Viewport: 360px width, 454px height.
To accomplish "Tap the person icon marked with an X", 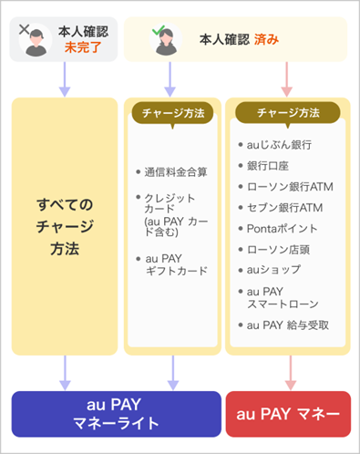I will [x=36, y=39].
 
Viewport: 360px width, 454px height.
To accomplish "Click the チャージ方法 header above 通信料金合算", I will [x=172, y=113].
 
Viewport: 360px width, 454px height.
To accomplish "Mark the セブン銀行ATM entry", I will [x=286, y=207].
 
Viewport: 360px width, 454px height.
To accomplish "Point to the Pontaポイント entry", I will [x=284, y=228].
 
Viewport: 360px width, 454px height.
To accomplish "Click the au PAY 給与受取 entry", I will [x=287, y=325].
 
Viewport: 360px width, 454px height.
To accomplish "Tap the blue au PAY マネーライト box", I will [x=116, y=415].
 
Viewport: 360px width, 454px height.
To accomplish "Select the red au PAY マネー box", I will [x=287, y=415].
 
